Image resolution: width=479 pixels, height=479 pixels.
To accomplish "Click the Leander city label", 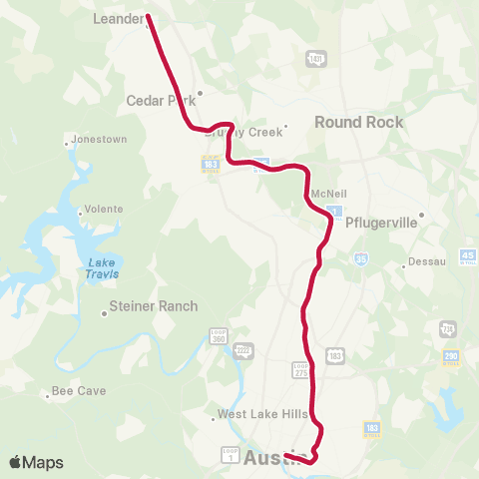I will pos(119,18).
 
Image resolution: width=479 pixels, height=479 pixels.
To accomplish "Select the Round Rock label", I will pos(358,122).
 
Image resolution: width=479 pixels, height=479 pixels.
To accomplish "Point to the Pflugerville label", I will pos(378,224).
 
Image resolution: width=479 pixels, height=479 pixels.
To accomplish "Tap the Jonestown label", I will pos(99,140).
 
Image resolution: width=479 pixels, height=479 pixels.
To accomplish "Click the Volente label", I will pos(104,209).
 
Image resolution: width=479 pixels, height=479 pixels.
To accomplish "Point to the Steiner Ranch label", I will pos(153,306).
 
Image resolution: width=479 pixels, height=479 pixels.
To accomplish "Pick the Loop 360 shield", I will pos(219,336).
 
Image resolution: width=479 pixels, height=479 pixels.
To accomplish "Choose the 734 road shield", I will pos(445,327).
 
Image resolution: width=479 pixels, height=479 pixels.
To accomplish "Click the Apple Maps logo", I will pos(36,462).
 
